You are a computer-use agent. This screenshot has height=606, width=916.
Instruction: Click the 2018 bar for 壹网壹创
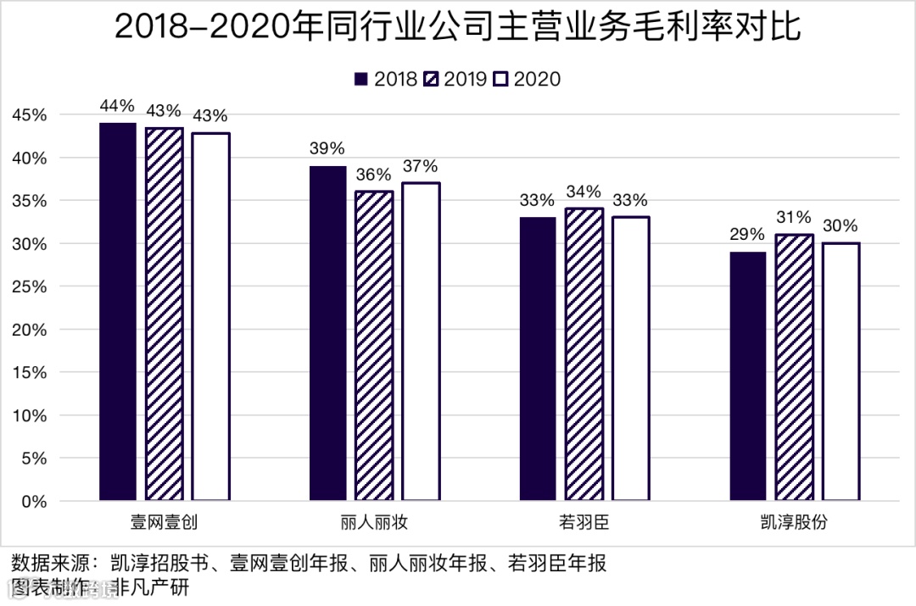coord(117,312)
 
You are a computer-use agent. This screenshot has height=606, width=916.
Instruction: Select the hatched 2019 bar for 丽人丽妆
coord(374,346)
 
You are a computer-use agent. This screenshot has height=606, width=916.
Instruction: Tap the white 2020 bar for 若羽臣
coord(630,359)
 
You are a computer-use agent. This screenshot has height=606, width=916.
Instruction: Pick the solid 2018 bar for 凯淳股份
coord(748,376)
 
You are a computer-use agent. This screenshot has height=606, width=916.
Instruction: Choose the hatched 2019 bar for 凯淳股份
coord(794,368)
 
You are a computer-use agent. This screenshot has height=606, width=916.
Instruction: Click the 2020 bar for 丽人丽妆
coord(421,342)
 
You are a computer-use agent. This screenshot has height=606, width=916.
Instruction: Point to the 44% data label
coord(117,106)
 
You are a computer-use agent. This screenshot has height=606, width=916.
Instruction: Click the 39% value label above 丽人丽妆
coord(327,148)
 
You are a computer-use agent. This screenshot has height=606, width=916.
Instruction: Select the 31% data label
coord(794,218)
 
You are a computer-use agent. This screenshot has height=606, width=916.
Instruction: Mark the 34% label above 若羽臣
coord(584,192)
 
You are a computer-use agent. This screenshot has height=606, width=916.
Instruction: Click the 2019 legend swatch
coord(432,79)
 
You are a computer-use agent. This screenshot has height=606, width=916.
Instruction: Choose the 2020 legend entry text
coord(538,79)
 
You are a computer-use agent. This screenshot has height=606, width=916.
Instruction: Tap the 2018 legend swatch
coord(361,79)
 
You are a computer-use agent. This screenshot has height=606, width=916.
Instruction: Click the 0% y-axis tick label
coord(34,502)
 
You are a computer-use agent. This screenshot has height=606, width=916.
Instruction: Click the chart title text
coord(457,28)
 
